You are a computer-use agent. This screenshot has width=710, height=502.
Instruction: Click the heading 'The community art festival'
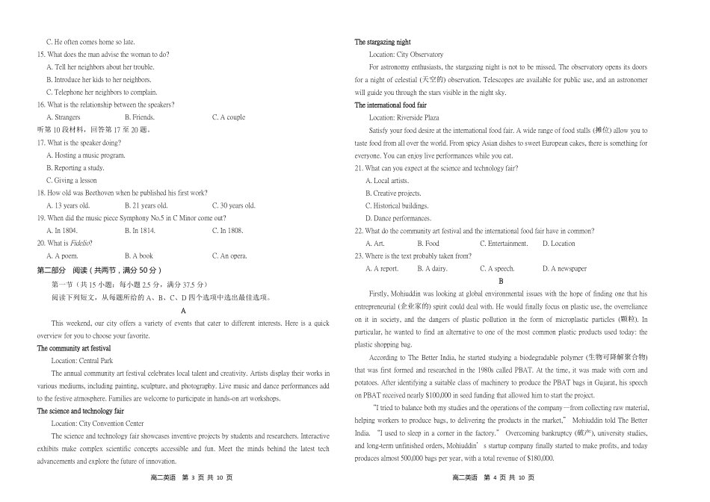[x=74, y=348]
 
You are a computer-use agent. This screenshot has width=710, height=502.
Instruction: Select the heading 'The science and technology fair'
[x=80, y=411]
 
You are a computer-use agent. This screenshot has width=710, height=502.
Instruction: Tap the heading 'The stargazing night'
[x=383, y=42]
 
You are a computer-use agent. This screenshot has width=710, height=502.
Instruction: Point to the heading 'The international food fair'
[x=391, y=105]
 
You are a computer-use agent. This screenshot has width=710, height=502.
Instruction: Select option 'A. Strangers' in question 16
[x=63, y=117]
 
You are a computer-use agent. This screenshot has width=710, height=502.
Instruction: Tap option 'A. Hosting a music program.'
[x=85, y=155]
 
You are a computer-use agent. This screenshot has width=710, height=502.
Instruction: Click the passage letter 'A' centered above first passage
[x=183, y=310]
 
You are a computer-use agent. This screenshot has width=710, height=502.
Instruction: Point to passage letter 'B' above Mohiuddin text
[x=501, y=281]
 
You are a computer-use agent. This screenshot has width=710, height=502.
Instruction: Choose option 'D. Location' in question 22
[x=558, y=244]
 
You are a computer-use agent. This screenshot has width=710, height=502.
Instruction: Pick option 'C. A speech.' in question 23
[x=497, y=269]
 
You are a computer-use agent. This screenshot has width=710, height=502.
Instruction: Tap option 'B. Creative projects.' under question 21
[x=393, y=193]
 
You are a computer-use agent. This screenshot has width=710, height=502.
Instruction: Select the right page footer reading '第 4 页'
[x=500, y=478]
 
